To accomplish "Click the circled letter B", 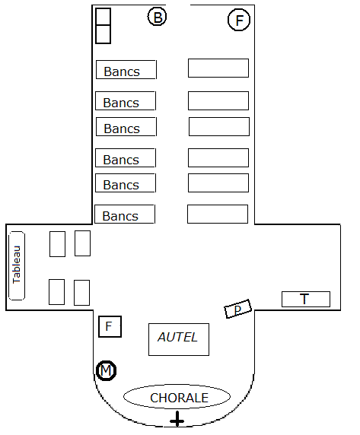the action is coord(157,17).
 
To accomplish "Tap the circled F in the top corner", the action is coord(239,20).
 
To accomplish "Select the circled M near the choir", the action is coord(106,370).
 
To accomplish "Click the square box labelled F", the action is coord(110,326).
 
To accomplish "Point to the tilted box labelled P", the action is coord(238,309).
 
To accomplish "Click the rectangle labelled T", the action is coord(306,299).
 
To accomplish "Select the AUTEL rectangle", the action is coord(179,339).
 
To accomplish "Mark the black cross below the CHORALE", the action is coord(177,419).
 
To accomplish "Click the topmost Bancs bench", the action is coord(126,70).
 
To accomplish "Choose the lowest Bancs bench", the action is coord(125,214).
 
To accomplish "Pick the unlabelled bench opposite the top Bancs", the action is coord(218,68).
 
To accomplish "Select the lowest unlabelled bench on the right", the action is coord(218,214).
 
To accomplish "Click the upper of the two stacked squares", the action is coord(104,17).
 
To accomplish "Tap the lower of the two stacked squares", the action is coord(104,34).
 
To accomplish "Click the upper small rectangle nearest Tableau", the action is coord(57,244).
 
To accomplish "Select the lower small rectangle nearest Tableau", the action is coord(56,292).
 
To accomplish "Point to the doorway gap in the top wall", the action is coord(178,5).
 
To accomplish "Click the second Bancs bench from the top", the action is coord(126,100).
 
